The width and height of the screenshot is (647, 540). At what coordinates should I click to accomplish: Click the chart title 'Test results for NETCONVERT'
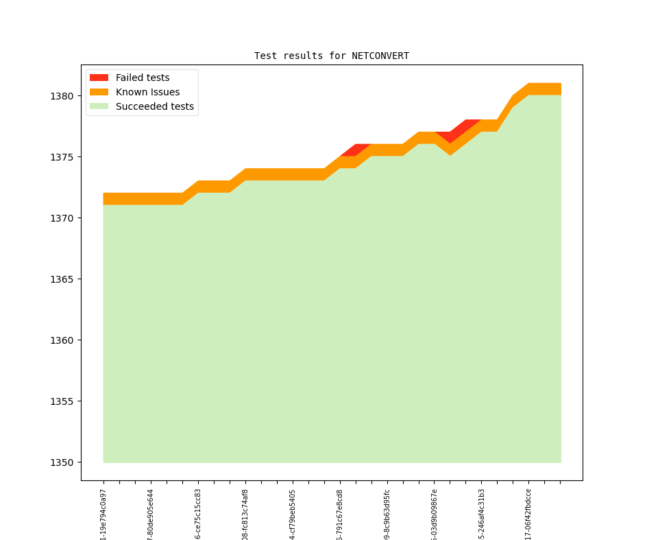coord(332,56)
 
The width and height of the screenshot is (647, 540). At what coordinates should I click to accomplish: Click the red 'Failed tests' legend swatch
coord(99,78)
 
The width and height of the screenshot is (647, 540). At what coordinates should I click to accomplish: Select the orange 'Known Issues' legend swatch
coord(99,92)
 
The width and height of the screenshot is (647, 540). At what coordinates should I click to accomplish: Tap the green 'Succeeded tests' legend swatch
coord(99,106)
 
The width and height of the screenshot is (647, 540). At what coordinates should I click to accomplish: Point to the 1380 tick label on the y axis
coord(62,96)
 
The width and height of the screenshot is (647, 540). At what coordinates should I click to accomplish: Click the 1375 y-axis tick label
coord(62,157)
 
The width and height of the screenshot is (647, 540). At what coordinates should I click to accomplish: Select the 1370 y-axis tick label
coord(62,218)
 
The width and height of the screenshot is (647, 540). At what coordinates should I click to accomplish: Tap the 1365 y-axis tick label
coord(62,279)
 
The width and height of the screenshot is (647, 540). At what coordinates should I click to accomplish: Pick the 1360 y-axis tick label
coord(62,340)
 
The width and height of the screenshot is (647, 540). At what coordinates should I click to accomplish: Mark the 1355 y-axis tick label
coord(62,401)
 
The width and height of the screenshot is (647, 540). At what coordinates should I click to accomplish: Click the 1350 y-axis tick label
coord(62,462)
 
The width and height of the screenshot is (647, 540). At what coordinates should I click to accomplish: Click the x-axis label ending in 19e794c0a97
coord(103,515)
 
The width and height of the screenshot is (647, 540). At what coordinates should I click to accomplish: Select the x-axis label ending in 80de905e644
coord(151,515)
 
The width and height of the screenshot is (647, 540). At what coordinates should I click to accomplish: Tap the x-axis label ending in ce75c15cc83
coord(198,515)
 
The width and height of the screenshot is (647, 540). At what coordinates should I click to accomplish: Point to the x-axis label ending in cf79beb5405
coord(293,515)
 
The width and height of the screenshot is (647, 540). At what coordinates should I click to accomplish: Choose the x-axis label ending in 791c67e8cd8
coord(340,515)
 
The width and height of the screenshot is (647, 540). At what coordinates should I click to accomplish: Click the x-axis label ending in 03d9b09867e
coord(435,515)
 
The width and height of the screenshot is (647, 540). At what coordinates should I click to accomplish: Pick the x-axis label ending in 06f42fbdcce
coord(528,515)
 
